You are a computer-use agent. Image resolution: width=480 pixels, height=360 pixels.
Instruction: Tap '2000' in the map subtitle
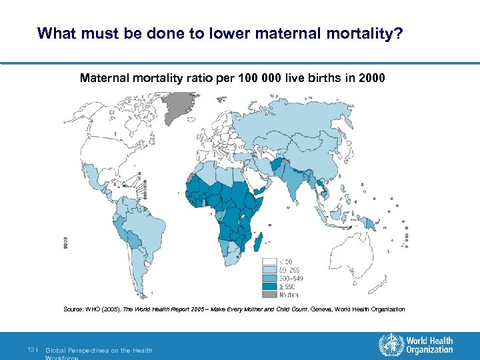pos(371,78)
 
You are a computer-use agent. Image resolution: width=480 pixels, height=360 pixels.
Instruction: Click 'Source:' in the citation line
pos(73,309)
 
